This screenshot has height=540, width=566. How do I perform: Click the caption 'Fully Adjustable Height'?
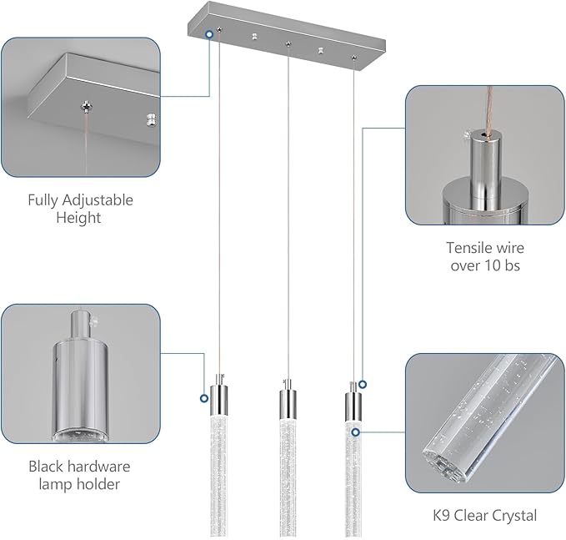(x=81, y=209)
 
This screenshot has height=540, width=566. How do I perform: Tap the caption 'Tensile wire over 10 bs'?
(x=484, y=257)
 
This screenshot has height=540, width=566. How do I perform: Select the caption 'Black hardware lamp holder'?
(x=79, y=475)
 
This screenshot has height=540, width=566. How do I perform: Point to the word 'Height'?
(x=79, y=218)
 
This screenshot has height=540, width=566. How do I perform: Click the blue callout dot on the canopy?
(x=208, y=33)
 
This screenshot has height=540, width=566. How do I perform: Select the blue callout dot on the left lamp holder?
(x=204, y=398)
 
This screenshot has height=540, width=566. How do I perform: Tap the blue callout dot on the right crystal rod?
(x=356, y=431)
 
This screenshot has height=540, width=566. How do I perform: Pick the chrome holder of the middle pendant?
(x=285, y=403)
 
